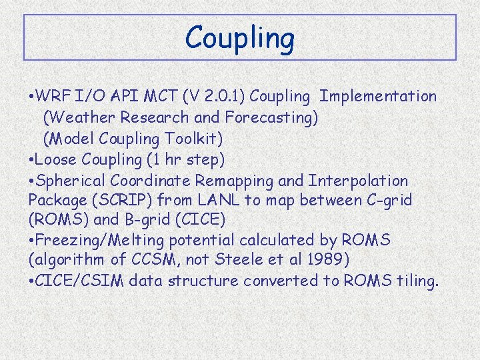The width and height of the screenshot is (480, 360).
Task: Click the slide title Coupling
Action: point(239,38)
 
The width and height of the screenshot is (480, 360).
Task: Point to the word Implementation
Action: point(378,96)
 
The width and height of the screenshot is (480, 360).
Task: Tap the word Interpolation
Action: point(357,181)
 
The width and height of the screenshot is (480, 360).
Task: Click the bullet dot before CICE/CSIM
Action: point(32,281)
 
